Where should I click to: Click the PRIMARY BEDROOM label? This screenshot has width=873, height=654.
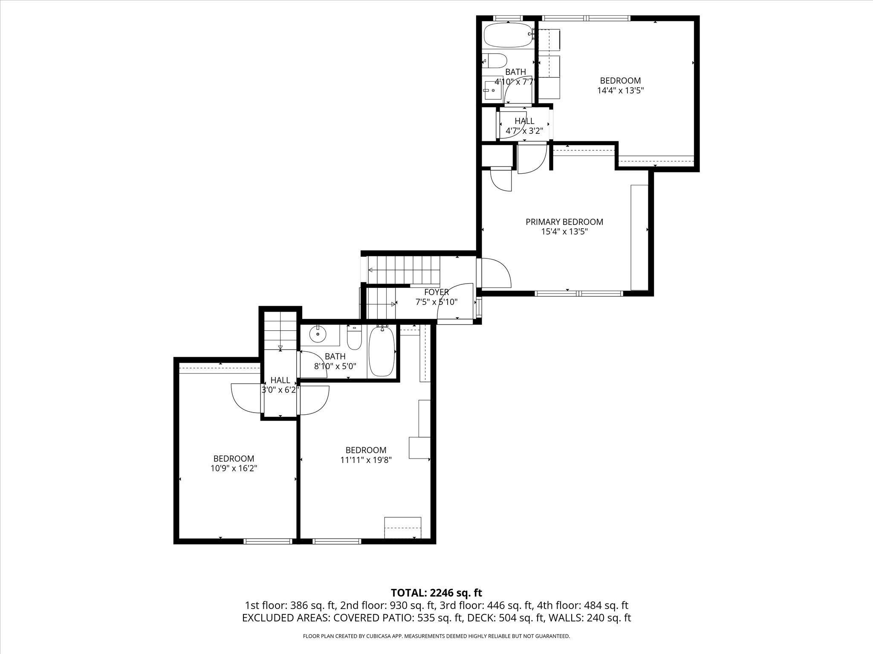click(x=564, y=222)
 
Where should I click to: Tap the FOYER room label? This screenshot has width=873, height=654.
click(x=436, y=292)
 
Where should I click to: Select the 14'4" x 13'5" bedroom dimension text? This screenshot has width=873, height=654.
click(x=620, y=90)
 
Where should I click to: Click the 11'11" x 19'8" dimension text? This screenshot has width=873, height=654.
click(x=366, y=460)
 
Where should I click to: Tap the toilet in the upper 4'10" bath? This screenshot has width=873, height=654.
click(x=494, y=61)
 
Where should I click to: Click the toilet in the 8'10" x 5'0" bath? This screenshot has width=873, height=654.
click(x=354, y=337)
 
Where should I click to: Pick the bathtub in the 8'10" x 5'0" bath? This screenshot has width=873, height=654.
click(x=382, y=351)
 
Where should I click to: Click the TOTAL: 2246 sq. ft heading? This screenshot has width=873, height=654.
click(x=436, y=593)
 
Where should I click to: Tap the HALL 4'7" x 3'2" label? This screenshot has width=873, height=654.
click(x=524, y=126)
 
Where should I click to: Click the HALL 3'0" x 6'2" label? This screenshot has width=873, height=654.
click(x=280, y=385)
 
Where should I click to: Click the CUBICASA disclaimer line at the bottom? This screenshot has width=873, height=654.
click(x=436, y=636)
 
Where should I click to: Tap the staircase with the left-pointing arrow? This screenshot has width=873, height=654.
click(x=403, y=270)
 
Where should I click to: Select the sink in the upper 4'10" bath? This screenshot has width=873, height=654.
click(x=493, y=90)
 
